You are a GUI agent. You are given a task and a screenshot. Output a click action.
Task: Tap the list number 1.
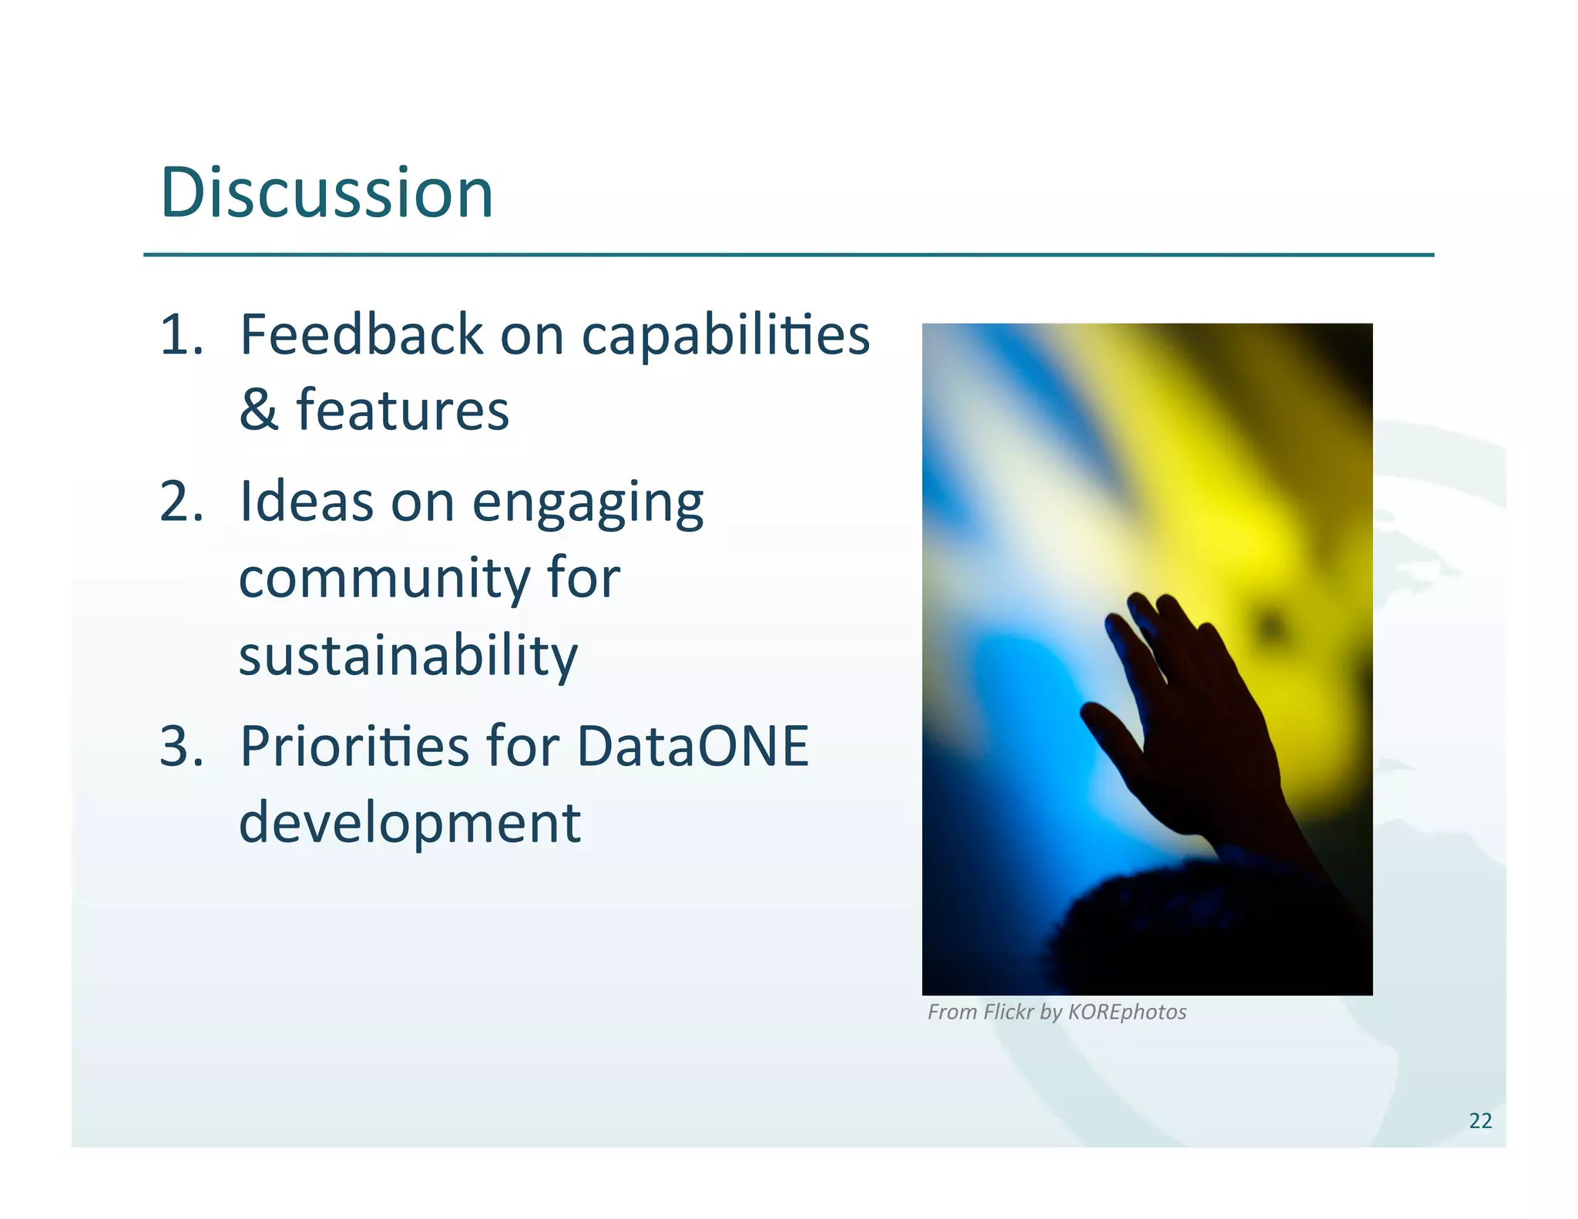tap(182, 335)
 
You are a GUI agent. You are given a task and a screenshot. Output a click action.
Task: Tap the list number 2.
tap(182, 502)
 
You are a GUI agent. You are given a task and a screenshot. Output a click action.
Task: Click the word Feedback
tap(361, 335)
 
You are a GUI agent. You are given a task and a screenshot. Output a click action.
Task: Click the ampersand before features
tap(258, 410)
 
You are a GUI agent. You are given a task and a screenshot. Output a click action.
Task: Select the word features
tap(402, 410)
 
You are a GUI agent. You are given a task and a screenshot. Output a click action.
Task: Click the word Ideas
tap(307, 502)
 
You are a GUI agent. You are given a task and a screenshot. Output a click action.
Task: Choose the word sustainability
tap(408, 657)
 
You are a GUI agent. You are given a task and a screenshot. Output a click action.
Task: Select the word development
tap(409, 824)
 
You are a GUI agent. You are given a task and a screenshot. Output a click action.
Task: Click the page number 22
tap(1480, 1120)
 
